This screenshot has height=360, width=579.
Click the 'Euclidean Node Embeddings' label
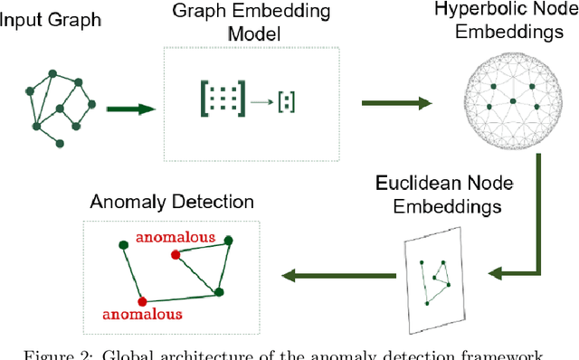(444, 194)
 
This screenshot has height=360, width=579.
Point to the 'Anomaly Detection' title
(172, 201)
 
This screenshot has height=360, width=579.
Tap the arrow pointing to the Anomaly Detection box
(337, 274)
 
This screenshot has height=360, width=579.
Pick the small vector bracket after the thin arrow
(287, 100)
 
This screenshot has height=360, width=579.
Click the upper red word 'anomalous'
(176, 238)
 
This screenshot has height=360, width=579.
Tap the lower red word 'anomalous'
(142, 315)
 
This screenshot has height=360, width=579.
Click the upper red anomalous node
(175, 255)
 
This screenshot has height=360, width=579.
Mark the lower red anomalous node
(141, 299)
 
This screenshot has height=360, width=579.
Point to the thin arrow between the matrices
(262, 101)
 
